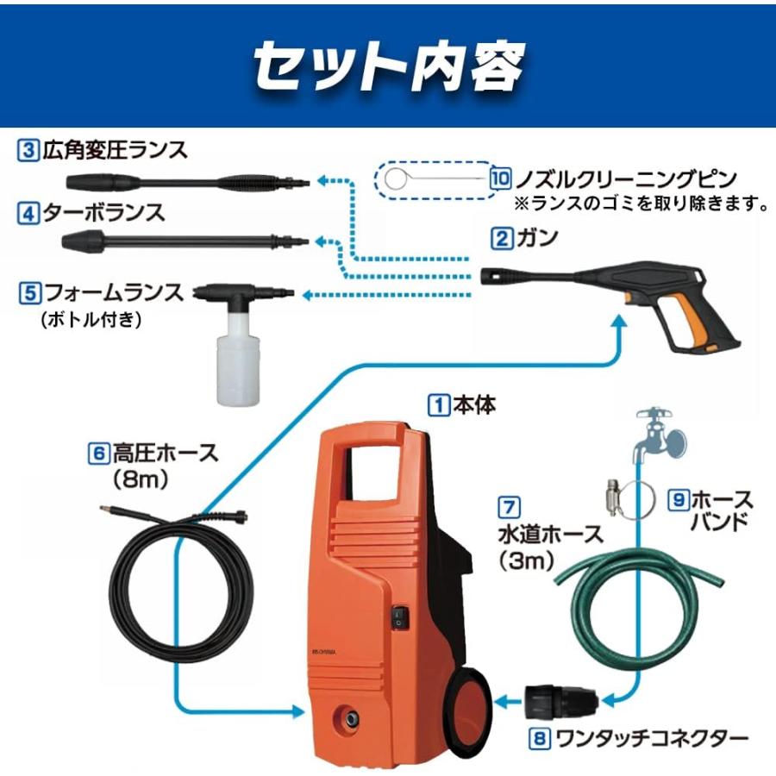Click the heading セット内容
(390, 66)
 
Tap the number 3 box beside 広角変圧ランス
(28, 150)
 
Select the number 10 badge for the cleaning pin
(500, 178)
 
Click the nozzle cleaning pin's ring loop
(395, 178)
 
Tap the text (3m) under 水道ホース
(526, 560)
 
